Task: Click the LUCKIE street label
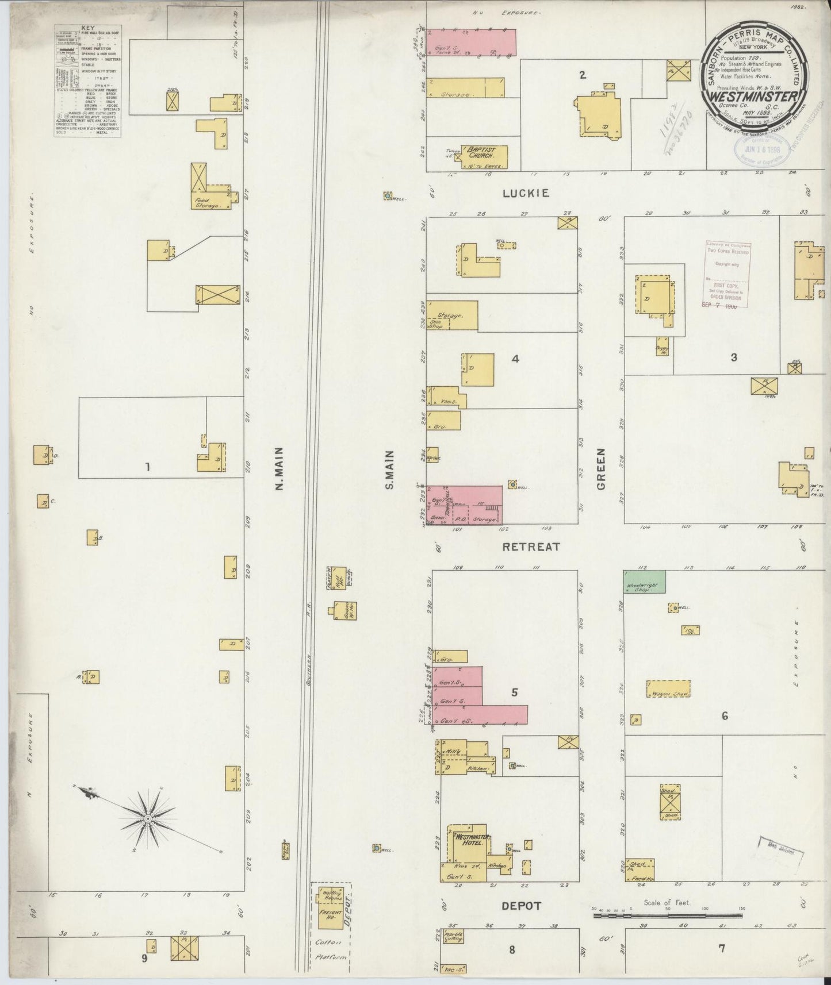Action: tap(525, 194)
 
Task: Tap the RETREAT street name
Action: tap(531, 547)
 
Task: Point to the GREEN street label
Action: tap(602, 476)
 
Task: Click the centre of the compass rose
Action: tap(148, 818)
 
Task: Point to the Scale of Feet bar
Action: tap(667, 930)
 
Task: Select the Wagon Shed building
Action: tap(668, 688)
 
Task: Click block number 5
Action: tap(514, 692)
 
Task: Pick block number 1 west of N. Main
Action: tap(147, 467)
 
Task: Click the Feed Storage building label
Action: tap(206, 202)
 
